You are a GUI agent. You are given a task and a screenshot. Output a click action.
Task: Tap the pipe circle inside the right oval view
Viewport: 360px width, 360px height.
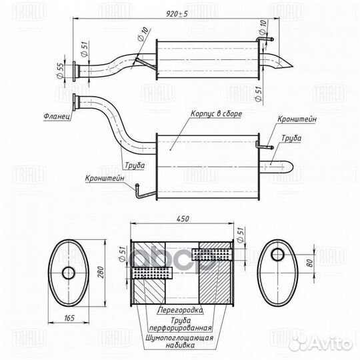click(x=277, y=254)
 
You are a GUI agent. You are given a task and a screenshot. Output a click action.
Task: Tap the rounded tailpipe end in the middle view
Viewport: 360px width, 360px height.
click(x=291, y=165)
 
